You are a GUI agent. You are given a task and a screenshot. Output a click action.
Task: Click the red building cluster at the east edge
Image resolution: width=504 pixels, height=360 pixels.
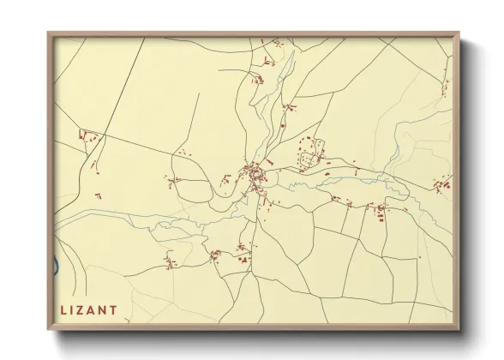(x=442, y=183)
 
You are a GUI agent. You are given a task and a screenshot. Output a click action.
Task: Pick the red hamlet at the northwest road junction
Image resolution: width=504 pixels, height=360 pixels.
(x=87, y=135)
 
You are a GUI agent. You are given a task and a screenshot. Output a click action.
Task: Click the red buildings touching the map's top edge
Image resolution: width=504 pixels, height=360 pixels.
(x=276, y=41)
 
